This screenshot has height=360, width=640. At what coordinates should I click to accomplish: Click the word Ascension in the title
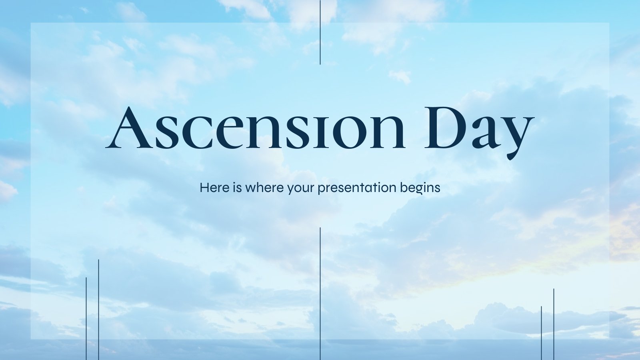(x=255, y=128)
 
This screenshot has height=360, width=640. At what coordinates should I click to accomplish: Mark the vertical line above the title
(x=320, y=32)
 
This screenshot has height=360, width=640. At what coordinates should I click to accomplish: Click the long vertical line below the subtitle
(x=320, y=294)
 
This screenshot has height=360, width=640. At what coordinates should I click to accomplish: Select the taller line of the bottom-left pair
(x=98, y=310)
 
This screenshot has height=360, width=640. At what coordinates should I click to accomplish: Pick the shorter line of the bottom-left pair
(x=86, y=318)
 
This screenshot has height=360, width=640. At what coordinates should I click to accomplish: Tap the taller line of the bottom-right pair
(x=554, y=324)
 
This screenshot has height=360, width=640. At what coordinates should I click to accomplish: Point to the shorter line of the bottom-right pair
(x=541, y=333)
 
